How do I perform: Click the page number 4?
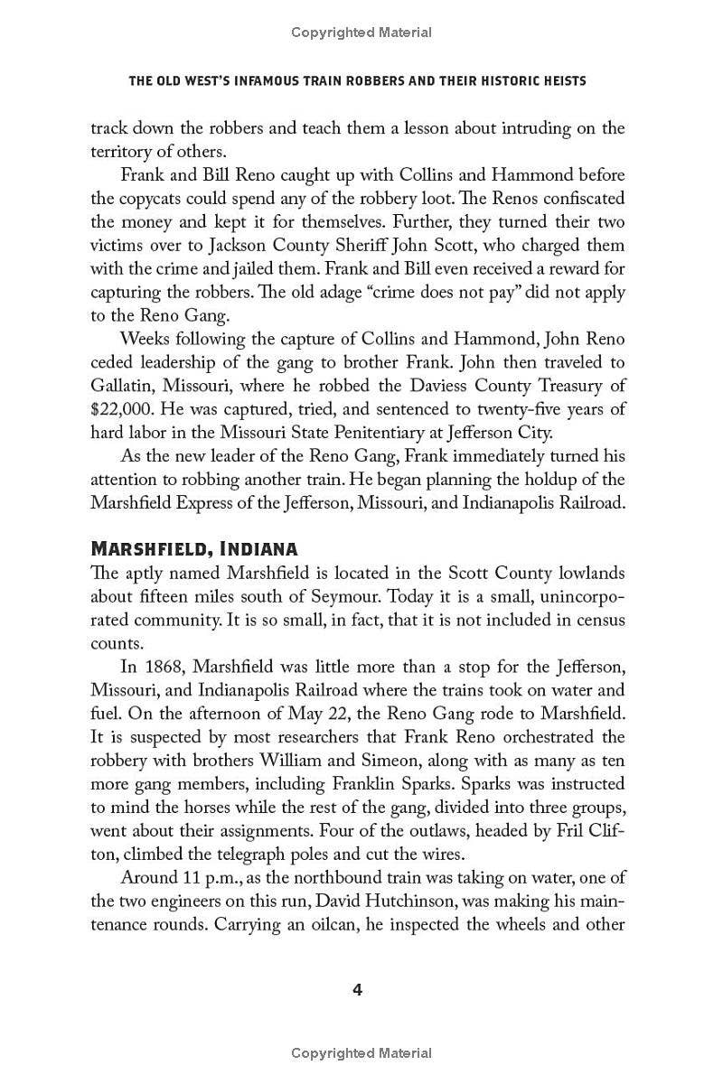[x=357, y=990]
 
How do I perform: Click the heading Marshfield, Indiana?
[x=195, y=549]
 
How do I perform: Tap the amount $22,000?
[x=121, y=386]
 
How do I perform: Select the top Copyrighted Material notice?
[x=361, y=33]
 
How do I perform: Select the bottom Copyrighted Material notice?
[x=361, y=1053]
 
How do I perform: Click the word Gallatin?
[x=123, y=362]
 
